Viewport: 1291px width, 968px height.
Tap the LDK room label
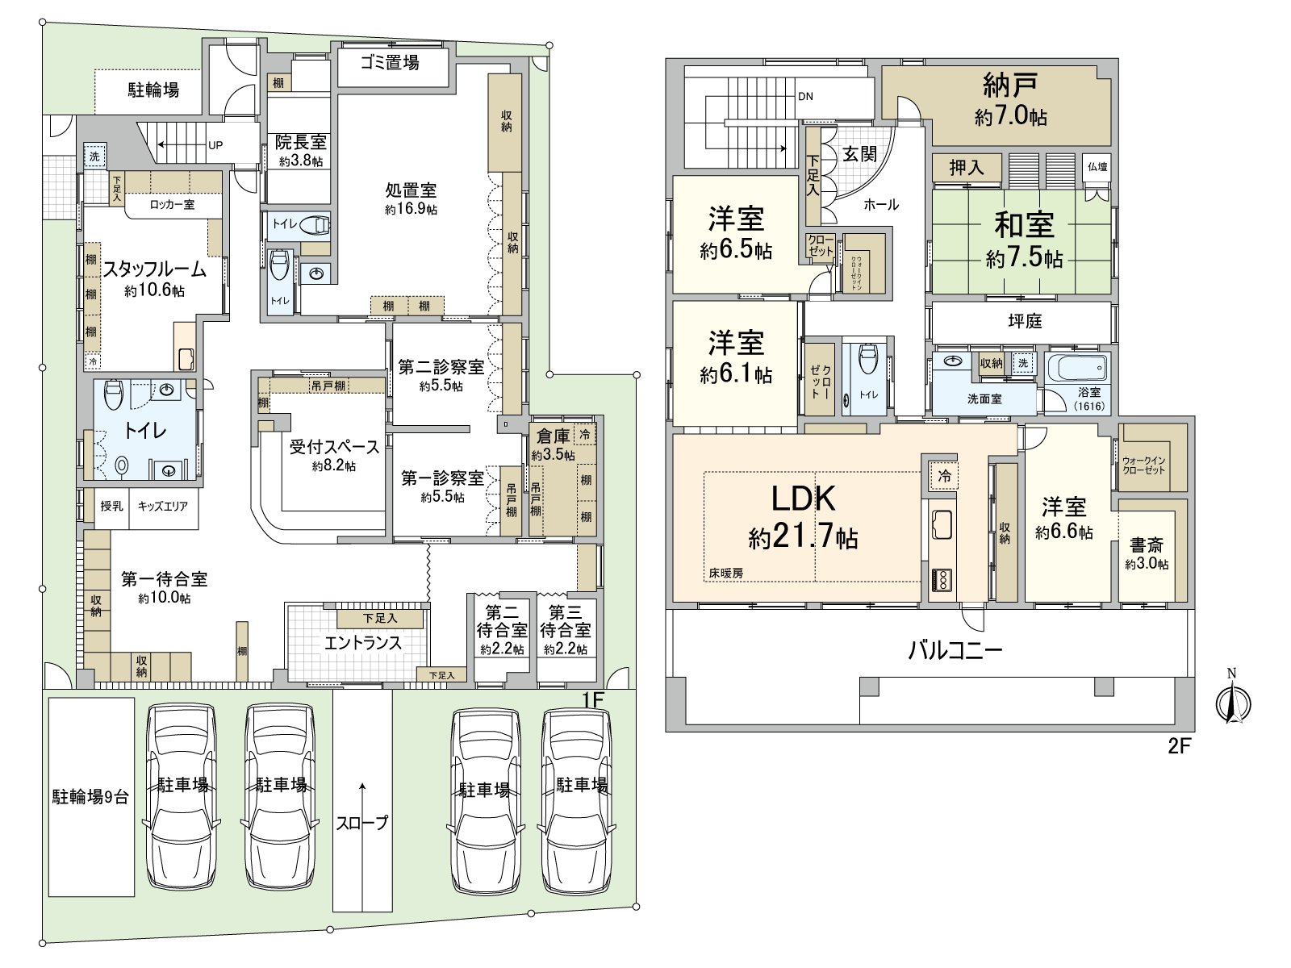[x=803, y=499]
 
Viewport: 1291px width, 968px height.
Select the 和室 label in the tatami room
[x=1023, y=224]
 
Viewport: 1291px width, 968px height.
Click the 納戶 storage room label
[x=1009, y=85]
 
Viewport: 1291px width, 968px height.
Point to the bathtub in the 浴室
[x=1077, y=369]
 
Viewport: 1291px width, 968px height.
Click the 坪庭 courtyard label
[x=1025, y=321]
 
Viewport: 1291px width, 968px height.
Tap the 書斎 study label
[x=1146, y=544]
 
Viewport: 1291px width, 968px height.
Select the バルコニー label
[x=955, y=650]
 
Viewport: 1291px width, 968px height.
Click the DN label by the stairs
[x=805, y=97]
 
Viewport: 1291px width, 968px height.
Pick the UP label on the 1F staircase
[x=215, y=146]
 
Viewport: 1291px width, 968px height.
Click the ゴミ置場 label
[x=390, y=63]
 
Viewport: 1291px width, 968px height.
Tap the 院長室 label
[x=301, y=143]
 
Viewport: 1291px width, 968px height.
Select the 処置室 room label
[x=411, y=190]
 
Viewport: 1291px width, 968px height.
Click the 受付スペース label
[x=334, y=447]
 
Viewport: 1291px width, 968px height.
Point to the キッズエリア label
[x=162, y=507]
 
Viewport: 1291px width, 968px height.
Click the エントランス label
[x=362, y=643]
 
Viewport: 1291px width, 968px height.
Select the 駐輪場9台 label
[x=90, y=797]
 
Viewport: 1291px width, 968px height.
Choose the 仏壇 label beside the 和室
[x=1097, y=167]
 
